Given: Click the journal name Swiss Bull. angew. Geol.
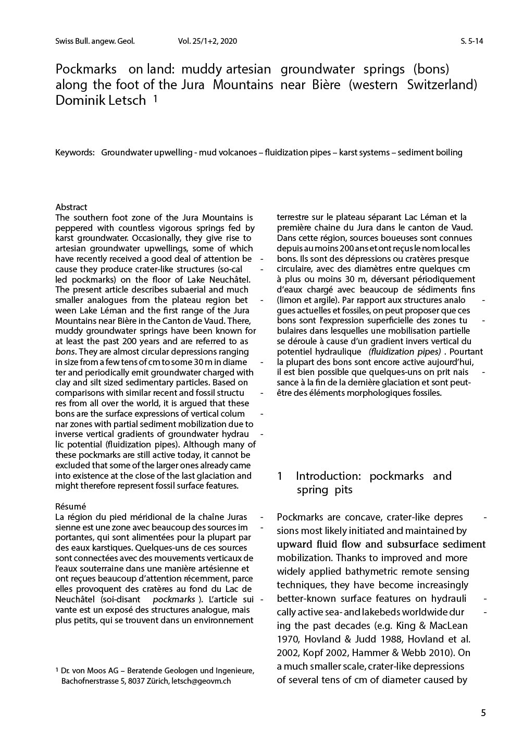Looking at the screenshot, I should tap(94, 41).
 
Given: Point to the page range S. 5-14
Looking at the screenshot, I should tap(471, 41).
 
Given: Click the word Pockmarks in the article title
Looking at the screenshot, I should tap(85, 69).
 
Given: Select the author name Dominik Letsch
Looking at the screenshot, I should tap(101, 101).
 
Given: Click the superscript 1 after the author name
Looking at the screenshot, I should tap(155, 98).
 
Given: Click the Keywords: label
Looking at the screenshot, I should tap(74, 152).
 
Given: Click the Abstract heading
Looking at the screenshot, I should tap(71, 207).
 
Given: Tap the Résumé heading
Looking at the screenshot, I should tap(70, 506).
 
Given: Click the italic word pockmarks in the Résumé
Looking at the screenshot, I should tap(173, 600).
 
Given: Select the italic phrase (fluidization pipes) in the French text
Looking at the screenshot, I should tap(404, 352).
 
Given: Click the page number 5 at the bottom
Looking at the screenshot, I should tap(483, 713).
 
